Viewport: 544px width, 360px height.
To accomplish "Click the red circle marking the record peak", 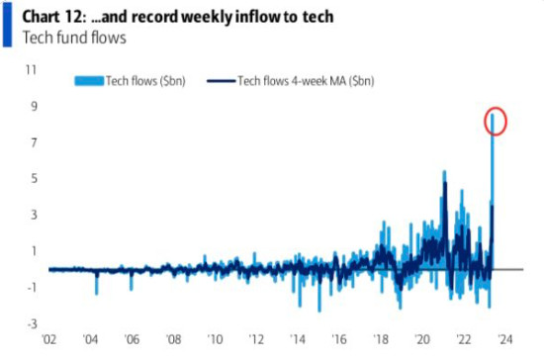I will [497, 121].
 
